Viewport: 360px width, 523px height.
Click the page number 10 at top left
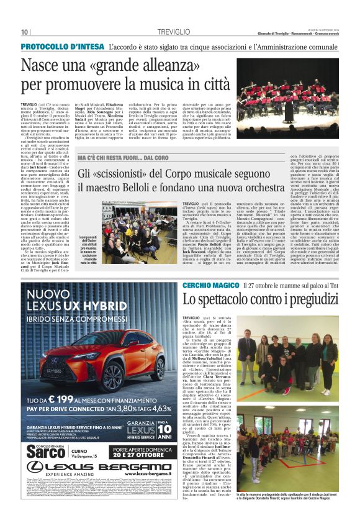25,32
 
